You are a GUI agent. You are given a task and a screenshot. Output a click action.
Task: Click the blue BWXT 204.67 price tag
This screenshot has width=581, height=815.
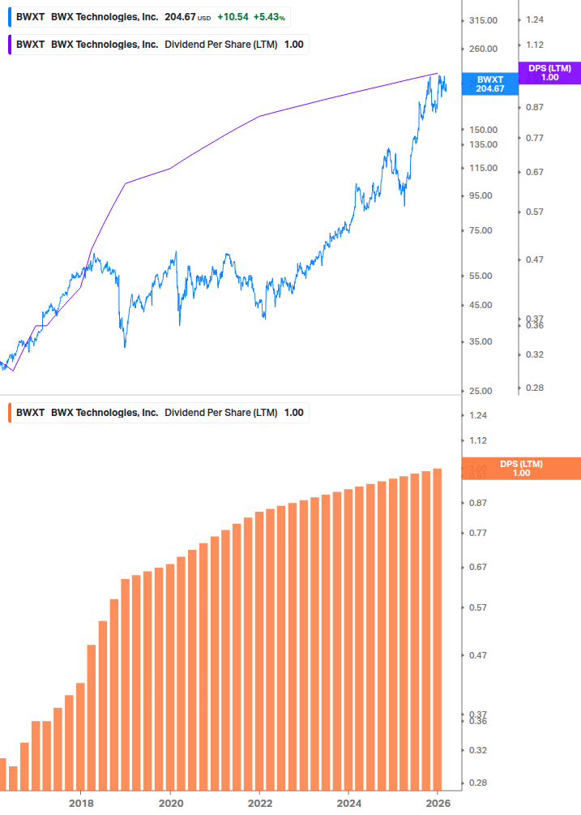click(x=490, y=84)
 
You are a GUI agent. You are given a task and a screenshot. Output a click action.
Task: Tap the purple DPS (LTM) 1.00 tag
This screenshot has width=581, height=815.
click(x=549, y=73)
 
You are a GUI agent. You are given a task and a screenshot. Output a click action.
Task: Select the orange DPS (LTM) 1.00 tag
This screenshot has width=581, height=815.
click(x=520, y=469)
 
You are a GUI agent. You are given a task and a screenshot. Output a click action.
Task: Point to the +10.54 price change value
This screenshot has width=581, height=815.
click(x=232, y=16)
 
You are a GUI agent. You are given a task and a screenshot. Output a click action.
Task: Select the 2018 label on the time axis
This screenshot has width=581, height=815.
click(x=80, y=803)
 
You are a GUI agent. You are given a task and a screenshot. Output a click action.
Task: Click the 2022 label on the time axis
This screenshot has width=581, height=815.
click(x=259, y=803)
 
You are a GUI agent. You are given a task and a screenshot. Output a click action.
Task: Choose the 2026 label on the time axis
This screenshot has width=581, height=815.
click(x=438, y=803)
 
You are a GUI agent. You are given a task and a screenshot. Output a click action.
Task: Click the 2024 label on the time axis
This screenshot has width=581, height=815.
click(x=348, y=803)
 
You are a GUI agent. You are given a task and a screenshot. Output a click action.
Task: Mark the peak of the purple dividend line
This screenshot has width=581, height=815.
click(x=438, y=74)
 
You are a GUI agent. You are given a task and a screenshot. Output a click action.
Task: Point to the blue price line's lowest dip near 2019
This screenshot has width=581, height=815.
click(x=125, y=346)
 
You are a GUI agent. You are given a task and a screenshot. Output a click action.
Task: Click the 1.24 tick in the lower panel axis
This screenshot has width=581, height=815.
click(x=478, y=415)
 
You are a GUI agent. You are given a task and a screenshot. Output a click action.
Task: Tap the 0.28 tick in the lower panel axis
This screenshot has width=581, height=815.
click(x=478, y=783)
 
